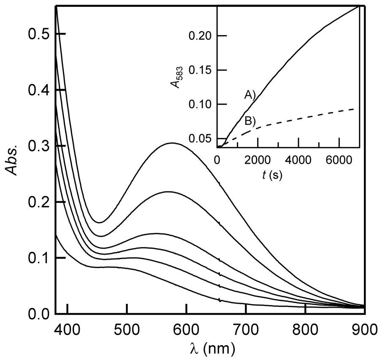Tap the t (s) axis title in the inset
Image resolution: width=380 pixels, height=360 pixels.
(x=270, y=174)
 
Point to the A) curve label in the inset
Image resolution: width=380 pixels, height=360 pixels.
(x=250, y=96)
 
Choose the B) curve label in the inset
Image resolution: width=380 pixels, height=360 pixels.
(x=250, y=121)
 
